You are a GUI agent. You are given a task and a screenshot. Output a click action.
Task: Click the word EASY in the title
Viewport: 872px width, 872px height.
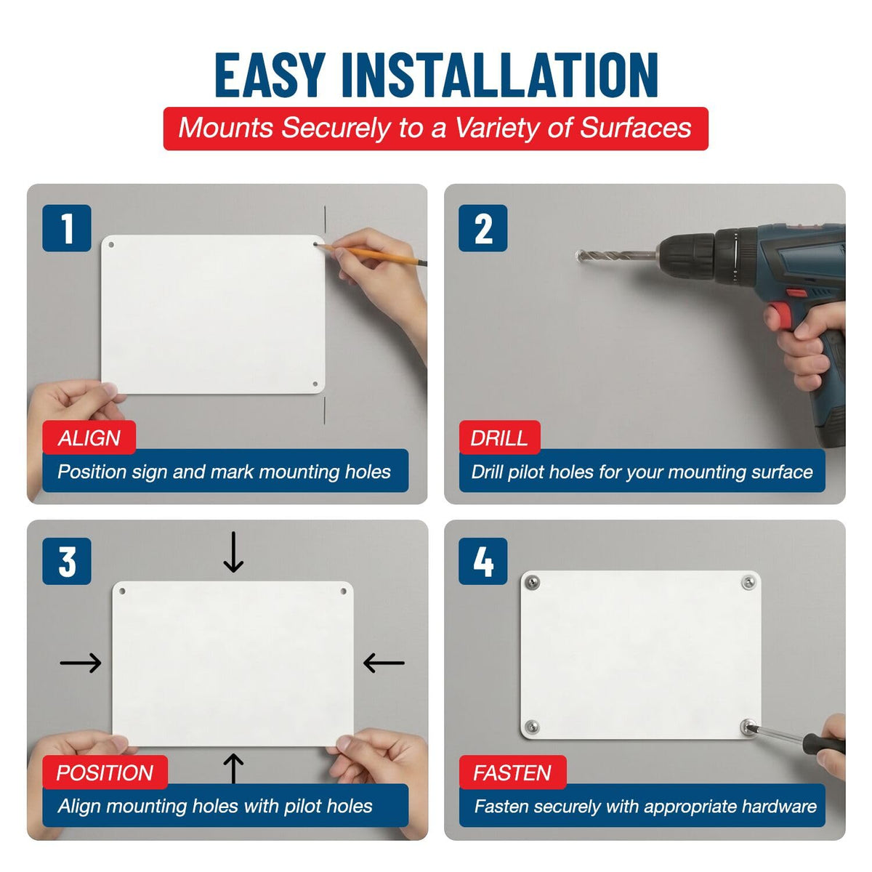270,75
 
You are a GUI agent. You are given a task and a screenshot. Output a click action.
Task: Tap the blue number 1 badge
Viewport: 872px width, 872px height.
67,228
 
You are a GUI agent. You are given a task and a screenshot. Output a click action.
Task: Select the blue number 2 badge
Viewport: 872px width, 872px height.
483,228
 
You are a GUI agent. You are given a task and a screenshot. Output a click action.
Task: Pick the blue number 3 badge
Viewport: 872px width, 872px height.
67,561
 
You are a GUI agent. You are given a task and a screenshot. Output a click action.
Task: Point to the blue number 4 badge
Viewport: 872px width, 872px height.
483,561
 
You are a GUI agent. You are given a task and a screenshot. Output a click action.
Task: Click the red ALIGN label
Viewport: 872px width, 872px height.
89,437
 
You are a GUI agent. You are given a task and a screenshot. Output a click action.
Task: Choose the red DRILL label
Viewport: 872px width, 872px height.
499,437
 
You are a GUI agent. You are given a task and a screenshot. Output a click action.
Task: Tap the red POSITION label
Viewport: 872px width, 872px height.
105,772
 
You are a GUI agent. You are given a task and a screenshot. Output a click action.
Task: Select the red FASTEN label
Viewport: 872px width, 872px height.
513,772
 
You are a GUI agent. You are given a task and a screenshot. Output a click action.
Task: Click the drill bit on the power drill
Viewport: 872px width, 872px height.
618,255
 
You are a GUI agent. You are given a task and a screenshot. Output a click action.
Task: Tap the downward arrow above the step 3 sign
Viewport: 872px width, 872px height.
233,552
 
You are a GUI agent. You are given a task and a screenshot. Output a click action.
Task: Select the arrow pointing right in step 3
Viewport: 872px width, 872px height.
81,663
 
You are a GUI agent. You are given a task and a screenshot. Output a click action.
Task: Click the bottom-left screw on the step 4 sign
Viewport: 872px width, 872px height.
532,727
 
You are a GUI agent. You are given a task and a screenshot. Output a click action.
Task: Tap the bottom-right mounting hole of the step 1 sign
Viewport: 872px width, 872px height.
315,384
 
